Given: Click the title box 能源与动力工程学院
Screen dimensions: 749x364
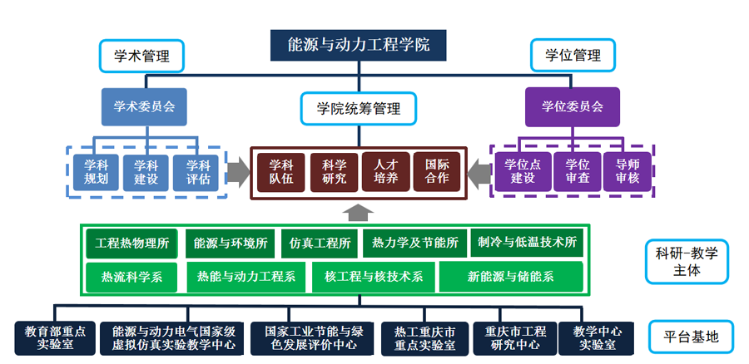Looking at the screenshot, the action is [358, 46].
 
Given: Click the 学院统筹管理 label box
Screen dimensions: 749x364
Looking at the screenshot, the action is [358, 109].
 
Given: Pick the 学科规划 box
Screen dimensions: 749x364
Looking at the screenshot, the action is [96, 173].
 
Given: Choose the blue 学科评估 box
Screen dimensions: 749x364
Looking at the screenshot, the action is [198, 173].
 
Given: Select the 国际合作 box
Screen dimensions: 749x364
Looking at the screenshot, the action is [437, 172].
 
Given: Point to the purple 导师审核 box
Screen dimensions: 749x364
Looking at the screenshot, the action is [627, 172].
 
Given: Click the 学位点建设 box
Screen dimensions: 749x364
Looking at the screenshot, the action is [523, 172].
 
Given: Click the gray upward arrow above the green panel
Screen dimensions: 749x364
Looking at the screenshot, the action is [358, 213].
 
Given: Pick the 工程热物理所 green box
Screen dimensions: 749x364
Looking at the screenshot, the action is [131, 243].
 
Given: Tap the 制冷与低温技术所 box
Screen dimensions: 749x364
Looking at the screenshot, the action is [527, 243].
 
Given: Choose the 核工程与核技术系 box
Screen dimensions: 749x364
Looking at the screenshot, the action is [374, 277].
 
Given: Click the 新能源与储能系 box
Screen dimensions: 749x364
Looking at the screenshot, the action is [511, 277].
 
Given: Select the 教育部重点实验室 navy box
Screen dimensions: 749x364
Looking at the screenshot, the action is [56, 338].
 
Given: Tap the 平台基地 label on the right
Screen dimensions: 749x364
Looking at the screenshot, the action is [692, 337].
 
